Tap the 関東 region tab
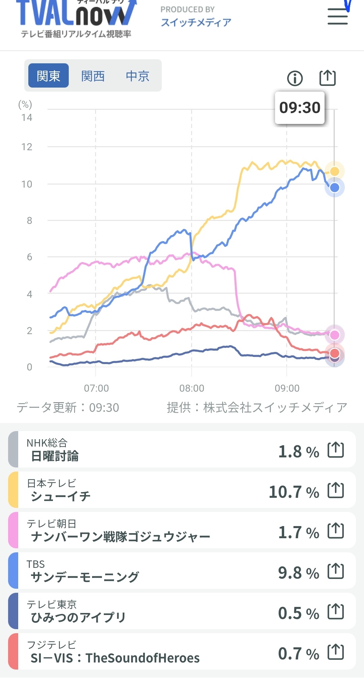click(x=49, y=76)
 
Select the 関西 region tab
click(x=93, y=76)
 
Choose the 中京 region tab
click(x=138, y=76)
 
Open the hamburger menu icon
click(x=337, y=17)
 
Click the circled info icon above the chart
click(x=295, y=78)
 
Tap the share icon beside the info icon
click(x=328, y=78)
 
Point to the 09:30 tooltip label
click(x=300, y=108)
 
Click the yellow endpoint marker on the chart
click(x=334, y=171)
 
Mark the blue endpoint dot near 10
click(x=334, y=188)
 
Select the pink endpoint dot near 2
click(x=334, y=335)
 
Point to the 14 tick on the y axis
click(x=27, y=118)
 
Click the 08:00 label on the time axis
click(x=191, y=388)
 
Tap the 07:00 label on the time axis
click(x=96, y=388)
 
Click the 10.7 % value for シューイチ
click(x=294, y=492)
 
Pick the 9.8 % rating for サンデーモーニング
click(x=298, y=573)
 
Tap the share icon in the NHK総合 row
click(x=336, y=450)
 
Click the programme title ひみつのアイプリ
click(x=78, y=617)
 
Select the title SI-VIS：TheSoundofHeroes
click(x=115, y=658)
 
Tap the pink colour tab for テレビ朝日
click(x=13, y=530)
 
